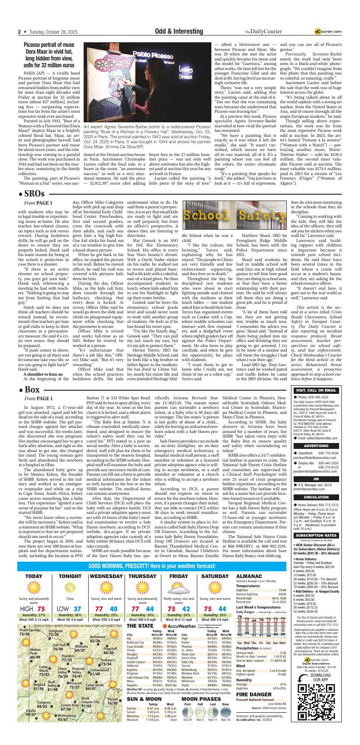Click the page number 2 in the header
(x=20, y=31)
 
